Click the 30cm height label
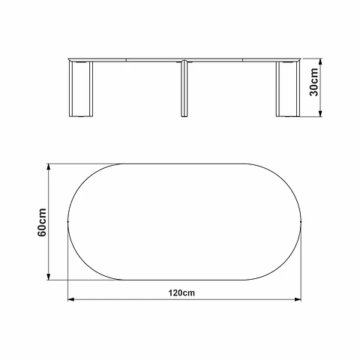point(313,82)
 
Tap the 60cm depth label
point(42,222)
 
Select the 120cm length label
point(181,292)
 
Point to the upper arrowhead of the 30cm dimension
point(320,61)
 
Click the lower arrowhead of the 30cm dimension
point(320,113)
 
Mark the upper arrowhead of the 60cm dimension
point(49,167)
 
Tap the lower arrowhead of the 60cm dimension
point(49,277)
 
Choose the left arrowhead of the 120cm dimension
point(71,299)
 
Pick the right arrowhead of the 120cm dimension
point(298,299)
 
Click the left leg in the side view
point(81,89)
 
